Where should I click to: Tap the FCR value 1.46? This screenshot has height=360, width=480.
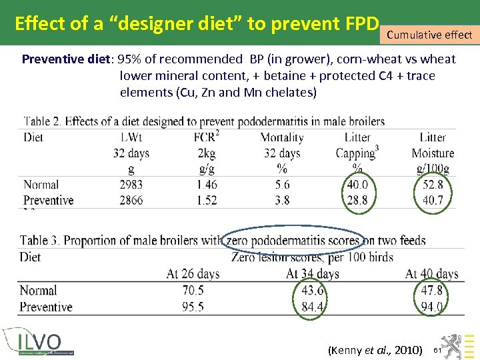205,185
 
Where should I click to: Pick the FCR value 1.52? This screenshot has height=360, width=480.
205,200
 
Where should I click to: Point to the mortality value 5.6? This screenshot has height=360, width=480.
282,185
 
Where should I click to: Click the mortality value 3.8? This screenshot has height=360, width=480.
282,200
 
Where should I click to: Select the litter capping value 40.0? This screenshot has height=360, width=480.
357,185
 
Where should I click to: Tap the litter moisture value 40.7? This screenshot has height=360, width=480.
433,200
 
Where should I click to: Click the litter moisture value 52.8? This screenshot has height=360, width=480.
433,185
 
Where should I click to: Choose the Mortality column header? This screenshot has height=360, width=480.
282,137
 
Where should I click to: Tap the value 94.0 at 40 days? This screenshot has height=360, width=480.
432,307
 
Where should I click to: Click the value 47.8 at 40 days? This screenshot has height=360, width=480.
432,291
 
